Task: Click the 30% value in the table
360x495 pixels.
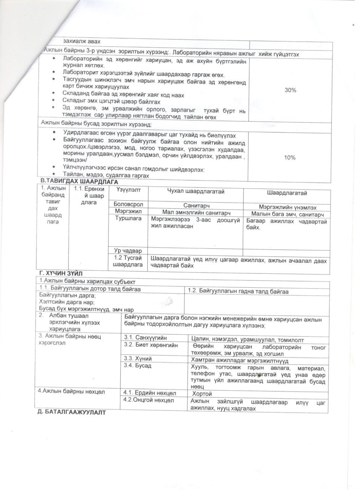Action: [x=290, y=90]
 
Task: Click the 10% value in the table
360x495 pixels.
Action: [x=290, y=158]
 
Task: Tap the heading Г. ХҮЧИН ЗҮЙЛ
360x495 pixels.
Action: [x=61, y=273]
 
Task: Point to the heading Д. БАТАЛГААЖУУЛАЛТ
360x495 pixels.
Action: [x=71, y=412]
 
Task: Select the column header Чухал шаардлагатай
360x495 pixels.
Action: [x=196, y=192]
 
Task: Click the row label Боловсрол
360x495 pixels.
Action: [x=128, y=204]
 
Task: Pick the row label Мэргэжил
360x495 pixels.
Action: [x=128, y=211]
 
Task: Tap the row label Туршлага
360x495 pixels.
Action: [x=128, y=219]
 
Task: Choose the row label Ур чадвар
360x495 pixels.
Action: [x=128, y=251]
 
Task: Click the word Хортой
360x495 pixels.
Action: [x=202, y=394]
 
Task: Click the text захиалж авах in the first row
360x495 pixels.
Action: [x=82, y=42]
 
